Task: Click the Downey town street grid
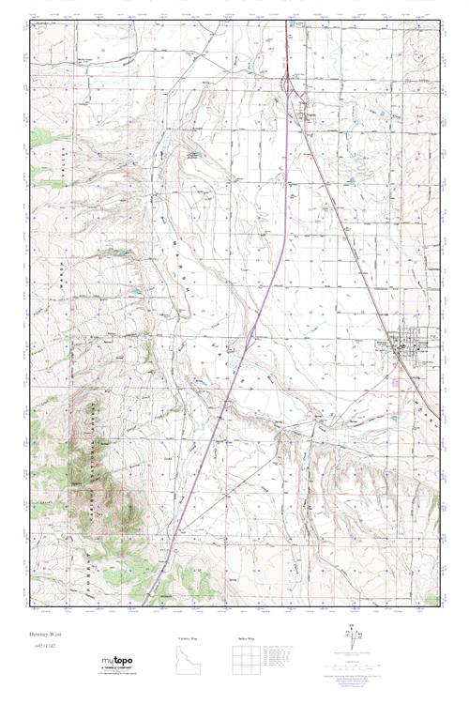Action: [x=413, y=345]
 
